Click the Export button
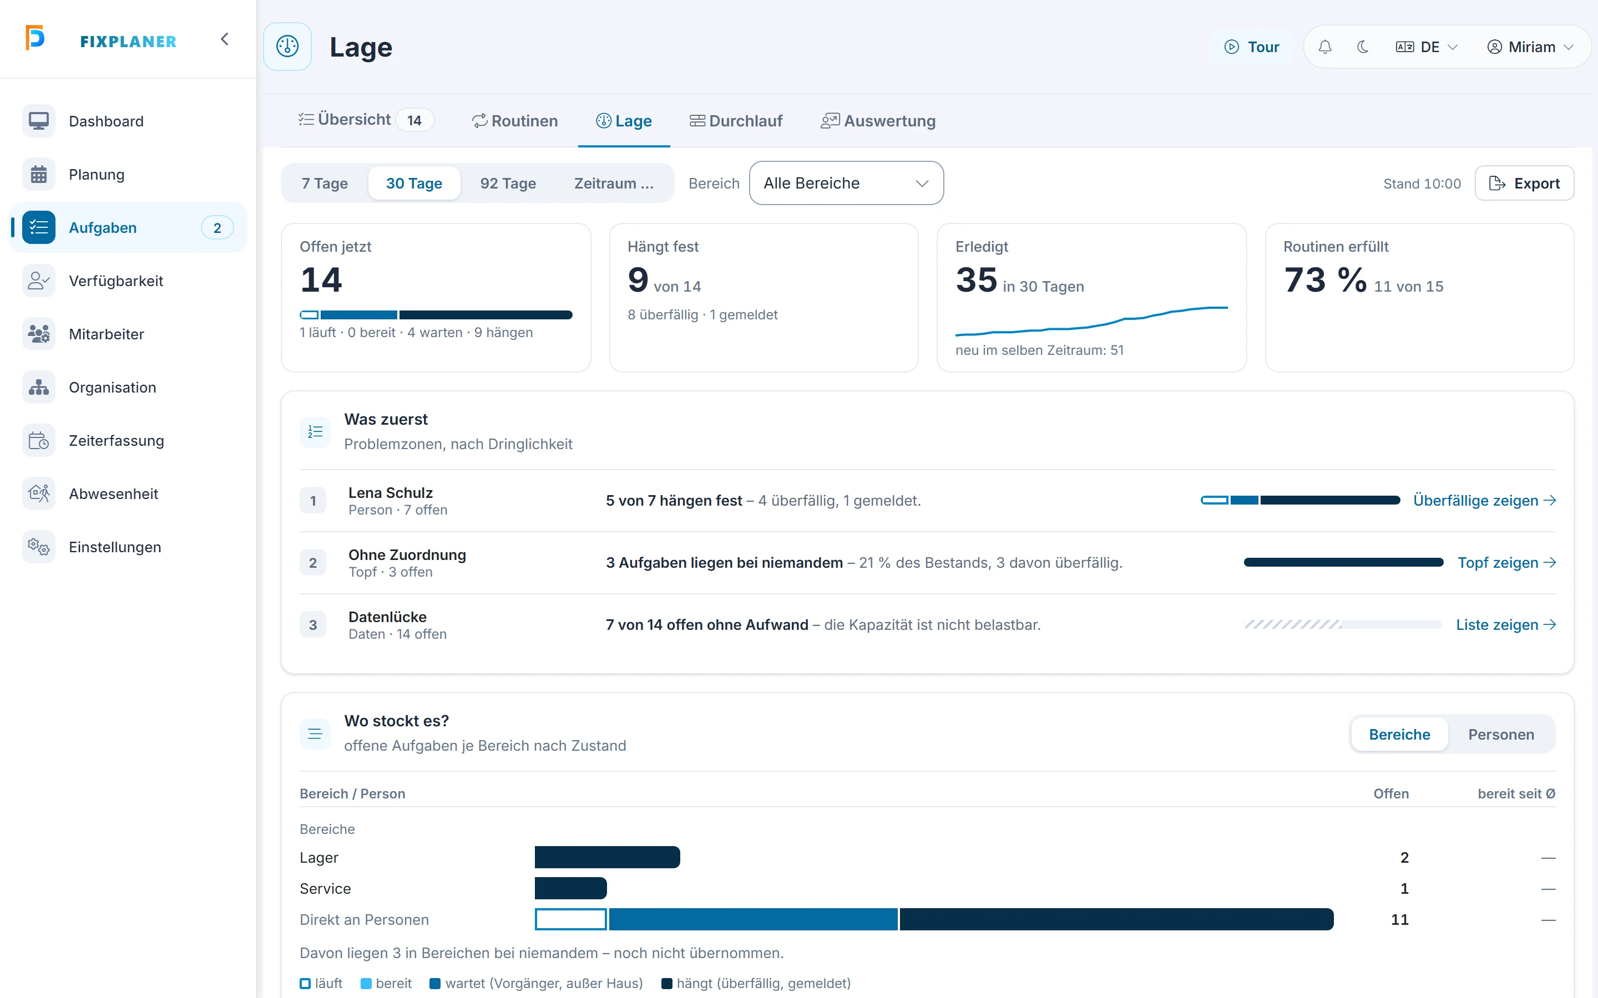pyautogui.click(x=1524, y=183)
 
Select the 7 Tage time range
pyautogui.click(x=324, y=183)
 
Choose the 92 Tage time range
pyautogui.click(x=508, y=183)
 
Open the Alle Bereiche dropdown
pyautogui.click(x=846, y=183)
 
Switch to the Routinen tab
pyautogui.click(x=514, y=121)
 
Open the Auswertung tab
pyautogui.click(x=878, y=121)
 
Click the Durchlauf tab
pyautogui.click(x=736, y=121)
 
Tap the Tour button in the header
pyautogui.click(x=1251, y=47)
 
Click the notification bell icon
pyautogui.click(x=1324, y=47)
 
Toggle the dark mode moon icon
pyautogui.click(x=1362, y=47)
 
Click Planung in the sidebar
pyautogui.click(x=97, y=174)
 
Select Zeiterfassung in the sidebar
pyautogui.click(x=116, y=440)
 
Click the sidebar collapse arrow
pyautogui.click(x=225, y=39)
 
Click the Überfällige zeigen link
pyautogui.click(x=1484, y=500)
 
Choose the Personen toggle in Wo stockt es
pyautogui.click(x=1501, y=734)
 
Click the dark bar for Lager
pyautogui.click(x=608, y=857)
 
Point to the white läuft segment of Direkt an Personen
pyautogui.click(x=570, y=919)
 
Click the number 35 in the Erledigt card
pyautogui.click(x=976, y=280)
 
